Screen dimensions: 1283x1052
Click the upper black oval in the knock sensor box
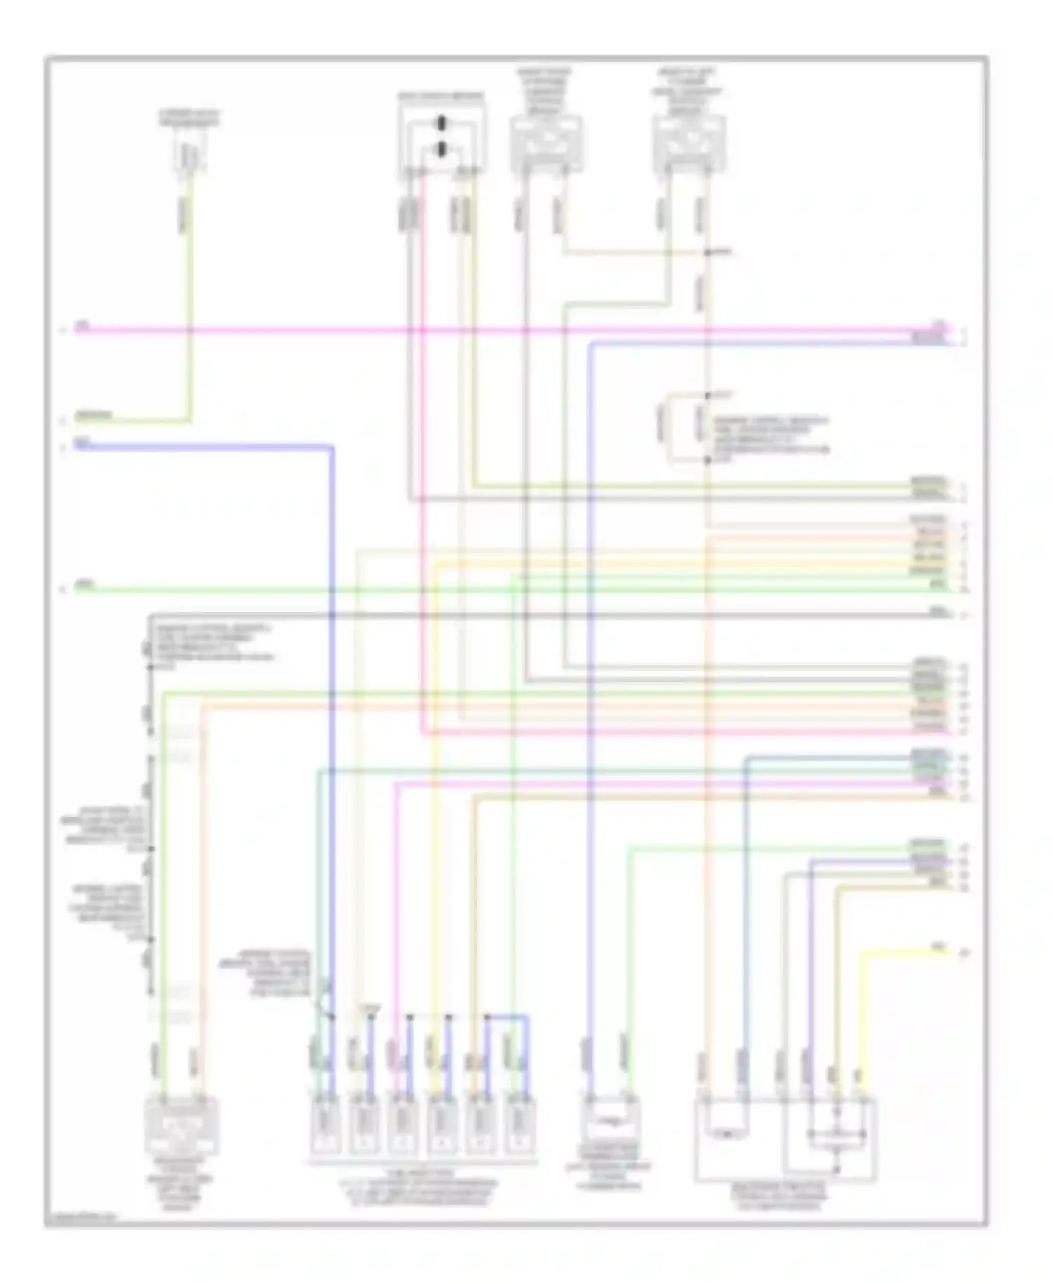441,125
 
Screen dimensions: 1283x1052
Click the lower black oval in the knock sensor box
441,149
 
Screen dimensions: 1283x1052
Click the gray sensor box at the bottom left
182,1126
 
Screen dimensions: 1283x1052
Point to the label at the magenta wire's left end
83,325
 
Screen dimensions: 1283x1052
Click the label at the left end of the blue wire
83,442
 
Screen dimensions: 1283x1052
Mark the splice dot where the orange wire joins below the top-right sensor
708,252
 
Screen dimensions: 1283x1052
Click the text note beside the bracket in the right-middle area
770,435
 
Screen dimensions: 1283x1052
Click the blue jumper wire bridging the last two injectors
507,1016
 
